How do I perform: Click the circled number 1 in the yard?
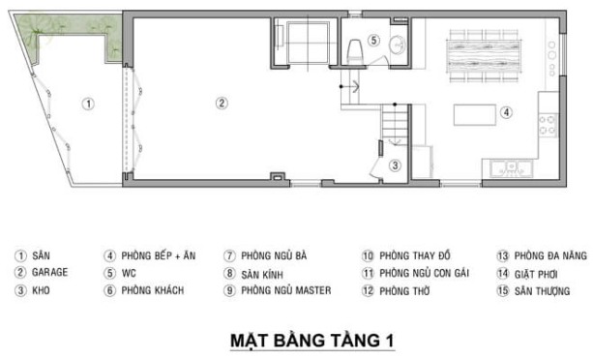tap(87, 103)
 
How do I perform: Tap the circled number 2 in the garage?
tap(221, 103)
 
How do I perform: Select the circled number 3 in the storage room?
tap(394, 165)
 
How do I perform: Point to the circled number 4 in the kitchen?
tap(506, 112)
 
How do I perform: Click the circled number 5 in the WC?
tap(372, 41)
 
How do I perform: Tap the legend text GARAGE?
tap(50, 273)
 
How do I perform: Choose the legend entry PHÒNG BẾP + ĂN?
tap(156, 255)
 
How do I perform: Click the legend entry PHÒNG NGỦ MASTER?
tap(286, 290)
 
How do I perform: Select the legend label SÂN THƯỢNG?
tap(542, 290)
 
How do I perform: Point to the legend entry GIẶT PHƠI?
tap(537, 273)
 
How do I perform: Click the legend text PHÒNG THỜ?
tap(406, 290)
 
